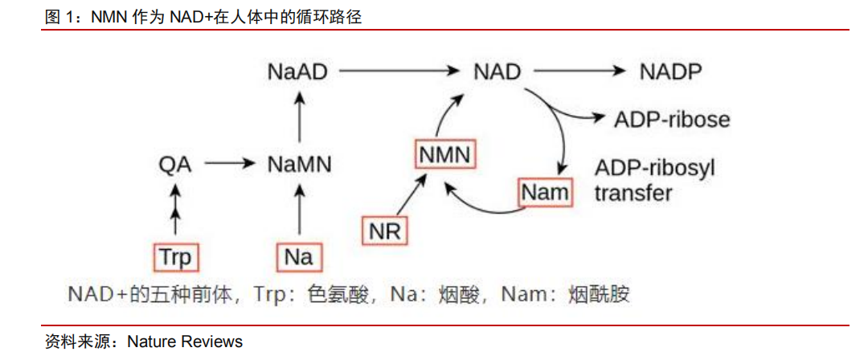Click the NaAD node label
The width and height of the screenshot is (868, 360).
click(x=297, y=72)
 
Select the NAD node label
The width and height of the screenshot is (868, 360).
click(x=497, y=72)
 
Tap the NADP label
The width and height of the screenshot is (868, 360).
click(x=670, y=72)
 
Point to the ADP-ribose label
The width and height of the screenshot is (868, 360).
click(x=672, y=120)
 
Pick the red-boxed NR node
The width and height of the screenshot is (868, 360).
click(x=385, y=231)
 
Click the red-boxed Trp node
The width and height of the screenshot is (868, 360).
click(x=176, y=258)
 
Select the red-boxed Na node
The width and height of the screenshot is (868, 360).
click(x=299, y=258)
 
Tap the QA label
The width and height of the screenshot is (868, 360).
click(x=174, y=165)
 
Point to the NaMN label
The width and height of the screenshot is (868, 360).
click(x=299, y=165)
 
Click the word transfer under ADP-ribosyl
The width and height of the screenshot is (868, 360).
click(x=633, y=194)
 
